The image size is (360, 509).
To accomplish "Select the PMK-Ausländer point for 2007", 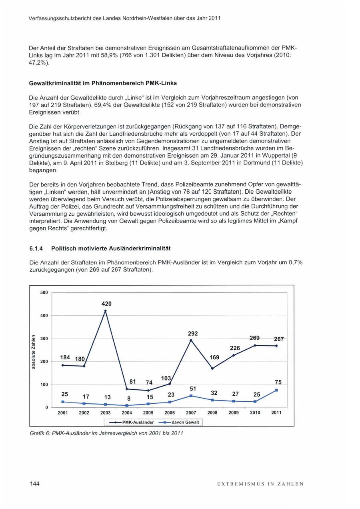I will click(x=191, y=340).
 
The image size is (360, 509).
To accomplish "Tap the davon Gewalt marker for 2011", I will click(x=276, y=390).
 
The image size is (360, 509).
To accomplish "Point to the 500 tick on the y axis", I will click(x=44, y=293).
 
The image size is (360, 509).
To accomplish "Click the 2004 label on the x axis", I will click(x=127, y=413).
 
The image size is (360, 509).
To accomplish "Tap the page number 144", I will click(x=34, y=484).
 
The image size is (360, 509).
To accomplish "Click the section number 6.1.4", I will click(x=36, y=248).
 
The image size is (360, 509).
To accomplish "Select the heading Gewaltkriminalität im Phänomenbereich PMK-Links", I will click(x=103, y=83).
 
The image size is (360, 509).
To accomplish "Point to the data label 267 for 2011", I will click(x=279, y=339).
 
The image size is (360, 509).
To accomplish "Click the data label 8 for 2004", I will click(x=128, y=399).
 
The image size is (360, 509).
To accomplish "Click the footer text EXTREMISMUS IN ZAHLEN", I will click(x=260, y=484).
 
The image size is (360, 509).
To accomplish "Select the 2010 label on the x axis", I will click(x=255, y=413).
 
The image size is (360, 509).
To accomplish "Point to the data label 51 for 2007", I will click(x=192, y=389).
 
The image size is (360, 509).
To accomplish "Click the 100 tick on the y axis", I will click(x=44, y=385).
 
